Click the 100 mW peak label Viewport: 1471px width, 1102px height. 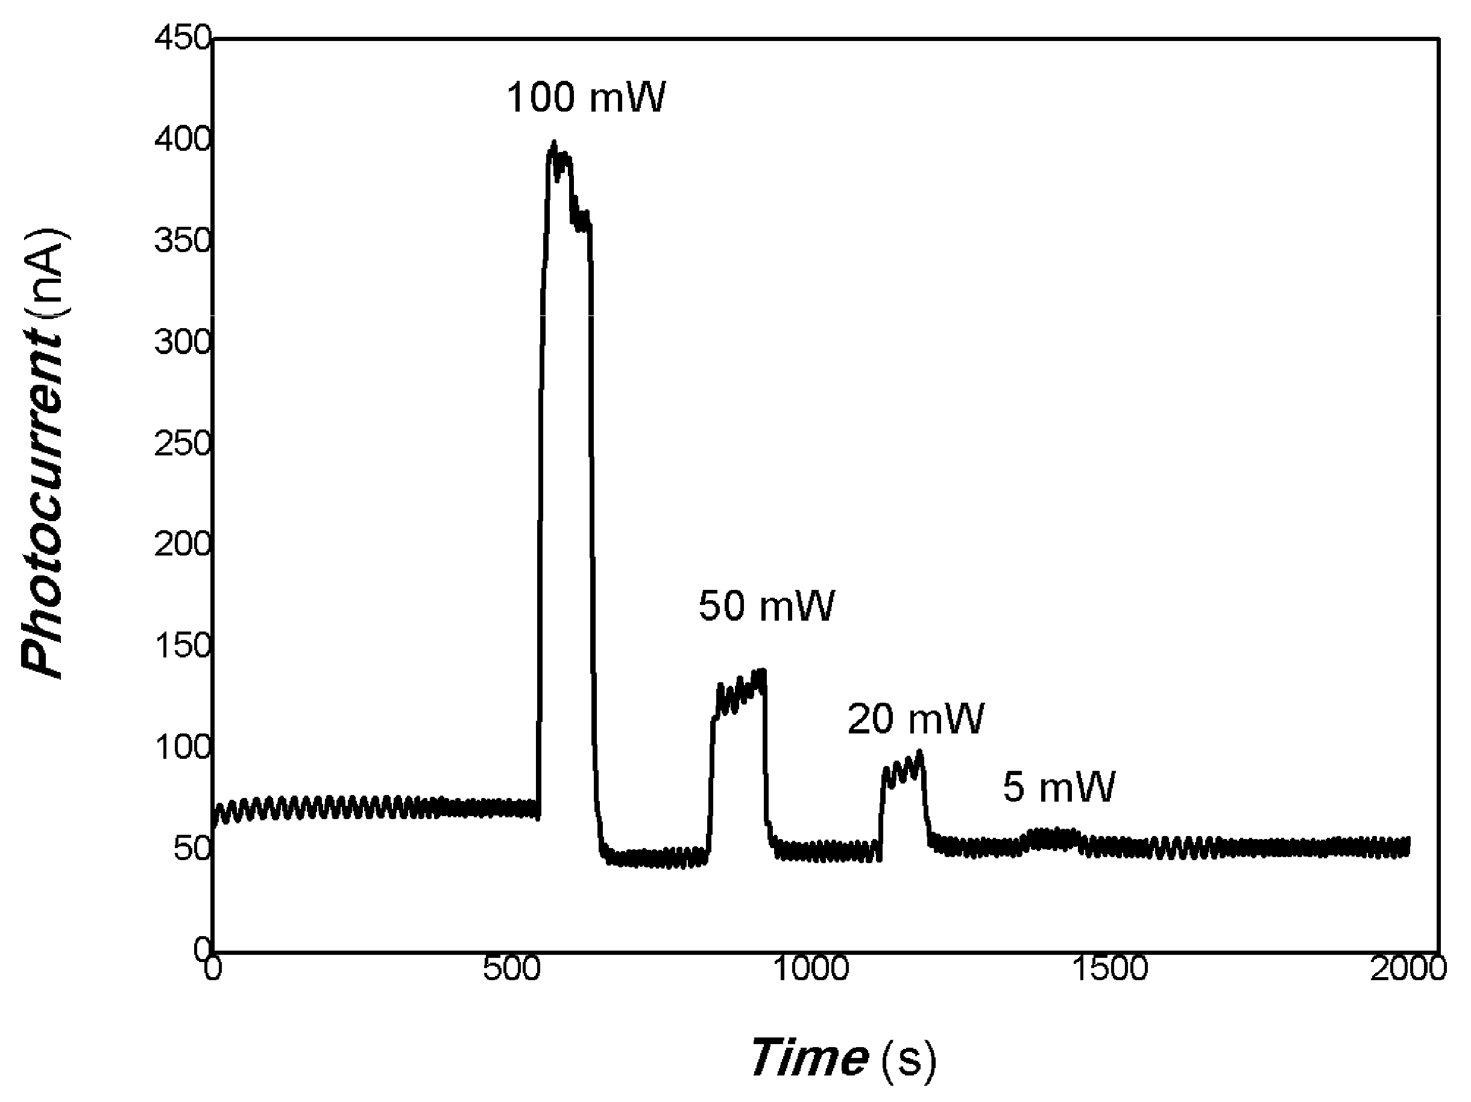(x=586, y=97)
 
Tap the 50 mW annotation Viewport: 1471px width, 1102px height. (x=766, y=606)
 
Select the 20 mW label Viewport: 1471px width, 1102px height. (x=915, y=719)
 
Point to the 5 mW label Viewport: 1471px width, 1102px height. (x=1059, y=787)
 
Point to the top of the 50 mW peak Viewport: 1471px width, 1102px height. (x=762, y=671)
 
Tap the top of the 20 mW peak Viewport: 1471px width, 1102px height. (x=921, y=752)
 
